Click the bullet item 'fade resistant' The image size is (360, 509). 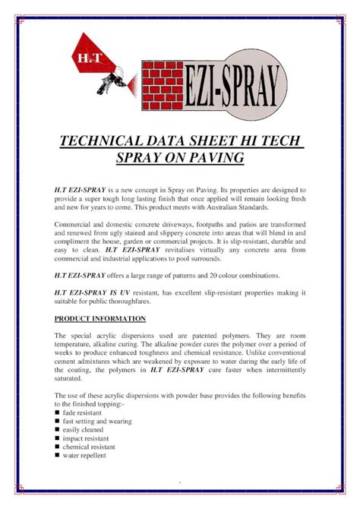point(86,413)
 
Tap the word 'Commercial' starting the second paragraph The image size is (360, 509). point(75,226)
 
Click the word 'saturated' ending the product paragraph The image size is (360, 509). point(71,378)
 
